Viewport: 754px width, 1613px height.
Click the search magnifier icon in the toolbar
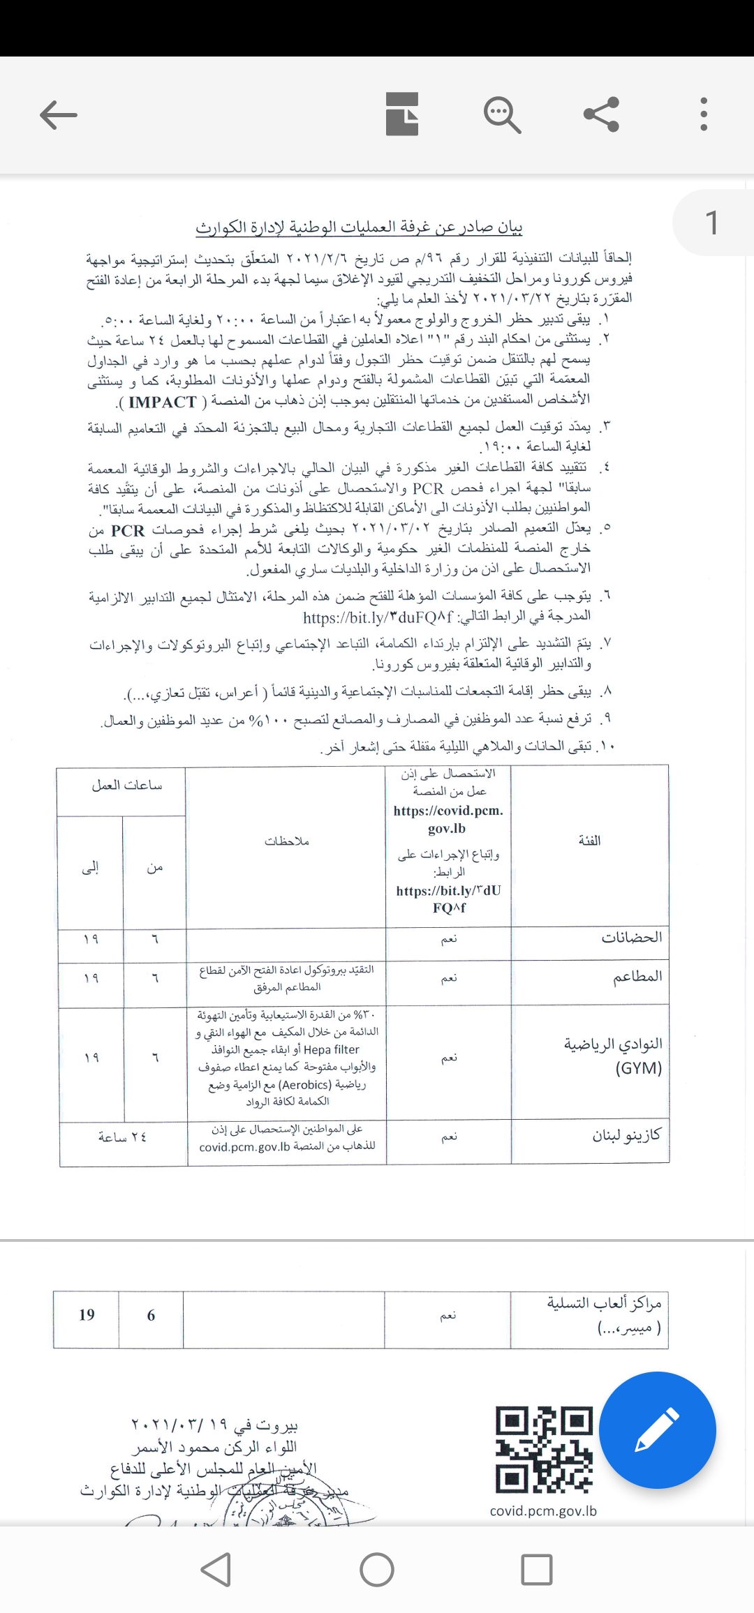[502, 114]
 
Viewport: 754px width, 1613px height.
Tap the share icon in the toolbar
[601, 114]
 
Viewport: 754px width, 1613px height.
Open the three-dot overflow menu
[703, 114]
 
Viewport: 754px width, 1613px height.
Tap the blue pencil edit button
[657, 1430]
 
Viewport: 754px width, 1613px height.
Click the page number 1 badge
[711, 223]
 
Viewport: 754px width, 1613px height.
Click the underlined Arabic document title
[359, 227]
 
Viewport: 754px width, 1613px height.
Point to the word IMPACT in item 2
[163, 403]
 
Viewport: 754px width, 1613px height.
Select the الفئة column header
[589, 841]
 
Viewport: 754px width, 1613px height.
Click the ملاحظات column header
[286, 841]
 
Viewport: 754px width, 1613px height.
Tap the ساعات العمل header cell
[127, 786]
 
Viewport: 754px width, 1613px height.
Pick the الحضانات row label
[631, 938]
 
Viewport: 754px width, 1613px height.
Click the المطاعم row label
[637, 977]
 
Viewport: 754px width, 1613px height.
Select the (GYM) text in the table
[638, 1068]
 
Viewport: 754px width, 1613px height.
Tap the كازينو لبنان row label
[626, 1136]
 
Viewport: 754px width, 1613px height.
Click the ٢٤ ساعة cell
[122, 1137]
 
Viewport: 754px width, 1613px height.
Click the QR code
[544, 1449]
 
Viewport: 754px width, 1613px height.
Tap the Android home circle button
[377, 1570]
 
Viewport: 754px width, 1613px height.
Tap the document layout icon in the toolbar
[402, 114]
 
